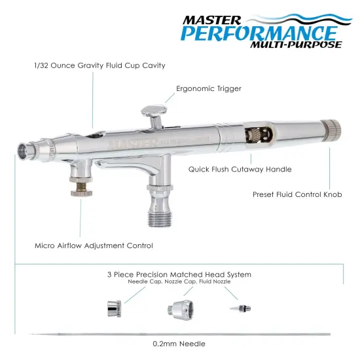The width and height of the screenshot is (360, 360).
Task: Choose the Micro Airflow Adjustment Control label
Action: point(94,246)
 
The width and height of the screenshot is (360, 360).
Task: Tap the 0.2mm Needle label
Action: point(179,344)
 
